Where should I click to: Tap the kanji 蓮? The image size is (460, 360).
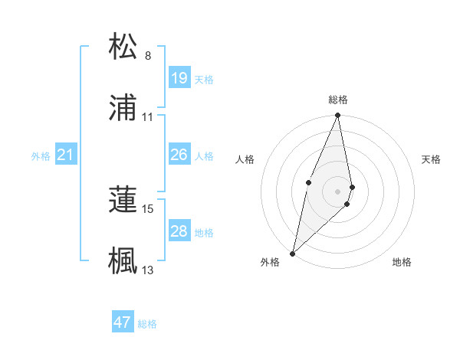[123, 198]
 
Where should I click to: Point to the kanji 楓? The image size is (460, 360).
[123, 259]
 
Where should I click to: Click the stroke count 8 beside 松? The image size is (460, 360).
[148, 56]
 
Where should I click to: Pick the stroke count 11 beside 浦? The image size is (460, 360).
[148, 117]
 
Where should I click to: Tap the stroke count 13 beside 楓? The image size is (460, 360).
[148, 269]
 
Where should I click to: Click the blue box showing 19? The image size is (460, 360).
[179, 78]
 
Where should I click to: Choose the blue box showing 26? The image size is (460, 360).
[179, 155]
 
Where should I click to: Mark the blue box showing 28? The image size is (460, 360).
[179, 231]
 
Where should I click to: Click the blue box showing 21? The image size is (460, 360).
[66, 155]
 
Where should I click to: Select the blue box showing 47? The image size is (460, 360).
[123, 322]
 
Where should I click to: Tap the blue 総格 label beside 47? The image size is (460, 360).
[147, 324]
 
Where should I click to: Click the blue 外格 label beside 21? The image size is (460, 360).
[41, 156]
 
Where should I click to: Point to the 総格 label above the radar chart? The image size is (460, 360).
[338, 100]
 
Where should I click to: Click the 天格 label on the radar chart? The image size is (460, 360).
[431, 159]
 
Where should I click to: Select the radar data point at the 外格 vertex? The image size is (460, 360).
[293, 253]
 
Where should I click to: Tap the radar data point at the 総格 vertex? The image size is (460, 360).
[338, 116]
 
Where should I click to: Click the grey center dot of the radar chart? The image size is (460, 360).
[338, 191]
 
